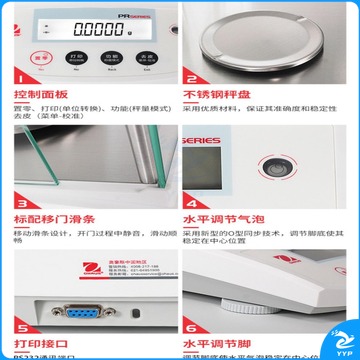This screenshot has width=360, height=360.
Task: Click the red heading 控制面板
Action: (41, 96)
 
